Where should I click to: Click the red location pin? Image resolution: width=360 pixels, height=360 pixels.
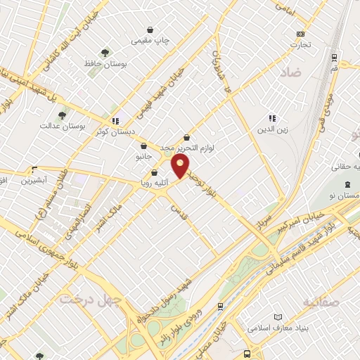181,166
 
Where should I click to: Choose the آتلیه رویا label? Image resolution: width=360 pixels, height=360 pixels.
154,183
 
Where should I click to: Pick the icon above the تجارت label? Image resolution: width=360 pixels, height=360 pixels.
301,34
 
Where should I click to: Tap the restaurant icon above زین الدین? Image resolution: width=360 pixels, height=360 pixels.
272,117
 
